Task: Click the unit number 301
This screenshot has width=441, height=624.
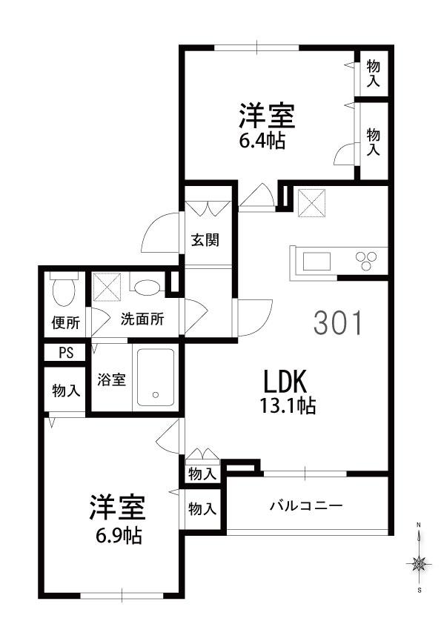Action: [338, 322]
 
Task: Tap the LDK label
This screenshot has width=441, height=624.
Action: [285, 381]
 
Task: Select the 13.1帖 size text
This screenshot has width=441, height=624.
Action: [288, 405]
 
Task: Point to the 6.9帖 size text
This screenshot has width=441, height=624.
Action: [119, 536]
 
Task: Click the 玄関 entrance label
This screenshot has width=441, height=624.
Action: [205, 240]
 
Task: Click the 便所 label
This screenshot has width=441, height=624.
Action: [66, 322]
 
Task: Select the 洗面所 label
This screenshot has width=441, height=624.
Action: [142, 319]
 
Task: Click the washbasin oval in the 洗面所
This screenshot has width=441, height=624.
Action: [147, 287]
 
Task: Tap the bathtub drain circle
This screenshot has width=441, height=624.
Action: [156, 395]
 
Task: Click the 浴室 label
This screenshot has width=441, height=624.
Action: [112, 379]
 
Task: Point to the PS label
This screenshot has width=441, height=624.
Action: [66, 353]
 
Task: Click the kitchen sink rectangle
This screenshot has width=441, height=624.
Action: [316, 261]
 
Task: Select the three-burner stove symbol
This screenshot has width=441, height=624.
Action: [367, 261]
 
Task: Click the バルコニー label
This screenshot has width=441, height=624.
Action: [306, 506]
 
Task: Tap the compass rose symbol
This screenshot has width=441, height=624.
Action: [419, 563]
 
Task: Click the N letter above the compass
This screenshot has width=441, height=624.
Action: [418, 525]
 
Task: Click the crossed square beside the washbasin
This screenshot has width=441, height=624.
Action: [107, 287]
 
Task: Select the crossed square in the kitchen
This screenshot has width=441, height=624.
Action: [312, 202]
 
